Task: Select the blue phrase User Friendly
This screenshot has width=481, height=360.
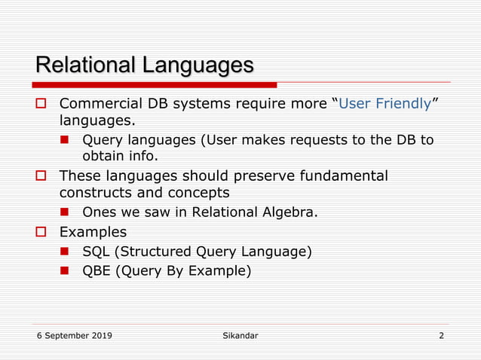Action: point(384,103)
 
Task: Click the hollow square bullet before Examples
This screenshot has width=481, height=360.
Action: point(43,232)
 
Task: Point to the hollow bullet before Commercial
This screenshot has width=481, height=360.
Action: point(43,104)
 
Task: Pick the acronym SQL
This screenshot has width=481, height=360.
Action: point(97,251)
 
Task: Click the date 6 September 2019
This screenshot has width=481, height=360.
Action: point(75,335)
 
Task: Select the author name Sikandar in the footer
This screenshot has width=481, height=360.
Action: point(240,335)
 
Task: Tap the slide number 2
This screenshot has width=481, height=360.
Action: point(441,335)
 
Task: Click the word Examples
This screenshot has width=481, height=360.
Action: point(93,231)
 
